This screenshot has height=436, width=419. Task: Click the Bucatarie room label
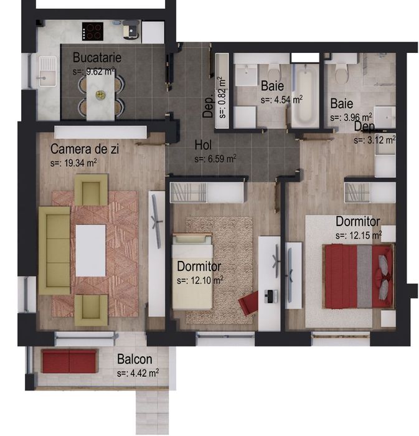[x=97, y=58]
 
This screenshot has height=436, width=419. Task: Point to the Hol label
[x=203, y=145]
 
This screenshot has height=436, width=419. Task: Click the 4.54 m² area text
[x=281, y=99]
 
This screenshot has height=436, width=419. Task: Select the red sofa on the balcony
[x=68, y=361]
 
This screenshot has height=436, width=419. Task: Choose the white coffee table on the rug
[x=90, y=250]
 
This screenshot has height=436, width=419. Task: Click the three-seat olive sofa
[x=54, y=252]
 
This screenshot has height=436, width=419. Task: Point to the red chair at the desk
[x=249, y=303]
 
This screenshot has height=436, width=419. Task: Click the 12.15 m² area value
[x=358, y=235]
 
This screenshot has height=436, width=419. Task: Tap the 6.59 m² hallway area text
[x=215, y=159]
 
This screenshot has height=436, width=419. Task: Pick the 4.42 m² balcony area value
[x=137, y=374]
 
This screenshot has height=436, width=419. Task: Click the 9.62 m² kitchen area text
[x=93, y=71]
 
